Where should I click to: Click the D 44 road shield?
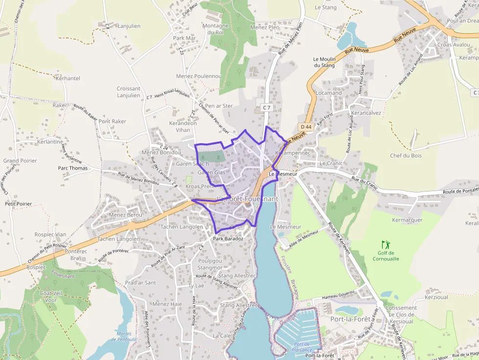pos(306,127)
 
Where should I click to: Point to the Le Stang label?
pos(326,7)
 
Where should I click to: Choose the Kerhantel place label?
pos(68,78)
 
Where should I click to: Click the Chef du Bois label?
pos(406,156)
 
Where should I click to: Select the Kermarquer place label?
pos(407,220)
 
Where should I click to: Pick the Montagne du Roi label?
pos(216,29)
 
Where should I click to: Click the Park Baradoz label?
pos(228,239)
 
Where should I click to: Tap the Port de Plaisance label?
pos(303,347)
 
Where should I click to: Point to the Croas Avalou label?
pos(454,44)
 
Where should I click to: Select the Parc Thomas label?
pos(73,168)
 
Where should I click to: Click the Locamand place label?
pos(329,93)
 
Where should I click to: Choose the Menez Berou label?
pos(125,215)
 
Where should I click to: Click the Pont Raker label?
pos(112,121)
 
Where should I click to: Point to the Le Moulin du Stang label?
pos(324,62)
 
